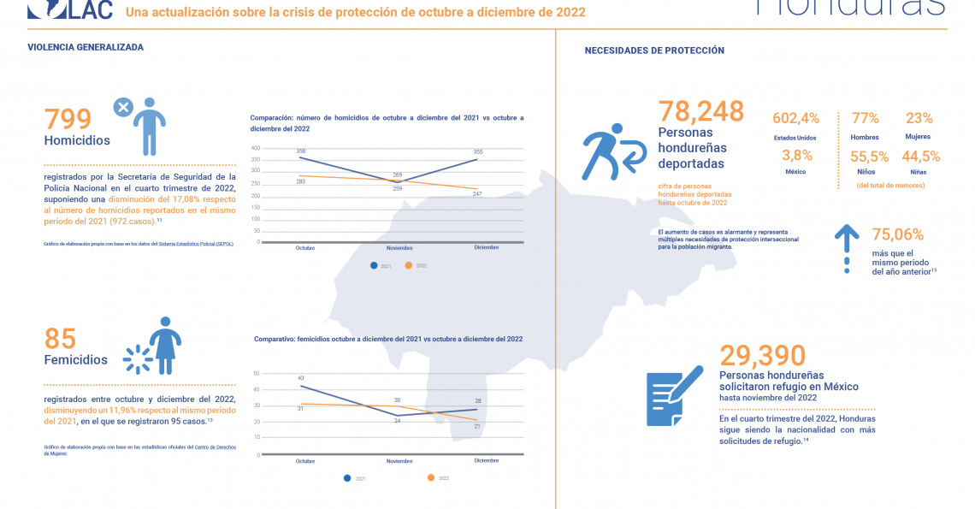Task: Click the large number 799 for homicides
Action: point(73,118)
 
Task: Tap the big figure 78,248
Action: point(700,110)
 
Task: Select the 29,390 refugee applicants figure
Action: point(762,355)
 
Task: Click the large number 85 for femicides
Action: point(60,338)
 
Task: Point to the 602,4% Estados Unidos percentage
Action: point(795,118)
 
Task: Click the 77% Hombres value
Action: point(865,118)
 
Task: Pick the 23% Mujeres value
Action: point(919,118)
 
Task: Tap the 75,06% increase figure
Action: point(897,234)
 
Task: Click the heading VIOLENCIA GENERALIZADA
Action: point(86,48)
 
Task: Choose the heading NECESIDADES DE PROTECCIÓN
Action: point(654,50)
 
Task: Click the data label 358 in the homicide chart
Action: point(300,151)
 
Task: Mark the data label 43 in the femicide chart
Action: point(300,378)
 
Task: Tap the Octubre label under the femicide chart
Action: point(305,461)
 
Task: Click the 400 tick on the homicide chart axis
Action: point(255,148)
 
